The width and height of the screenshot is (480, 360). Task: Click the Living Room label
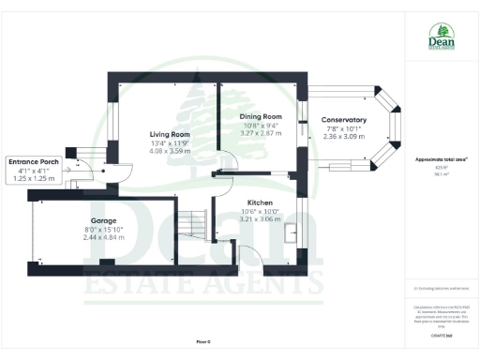coord(169,135)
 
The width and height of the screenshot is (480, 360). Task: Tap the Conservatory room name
coord(343,120)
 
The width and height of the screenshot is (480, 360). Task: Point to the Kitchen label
coord(261,202)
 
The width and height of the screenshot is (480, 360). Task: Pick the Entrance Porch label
coord(35,161)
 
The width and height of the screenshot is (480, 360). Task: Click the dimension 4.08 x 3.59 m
coord(169,152)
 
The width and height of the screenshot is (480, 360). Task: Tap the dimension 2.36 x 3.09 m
coord(342,137)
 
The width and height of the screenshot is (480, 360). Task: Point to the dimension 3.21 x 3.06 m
coord(261,219)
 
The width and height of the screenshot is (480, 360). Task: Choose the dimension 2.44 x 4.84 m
coord(103,237)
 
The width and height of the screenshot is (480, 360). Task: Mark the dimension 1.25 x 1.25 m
coord(35,178)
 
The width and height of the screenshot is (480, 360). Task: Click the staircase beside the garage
coord(194,225)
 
